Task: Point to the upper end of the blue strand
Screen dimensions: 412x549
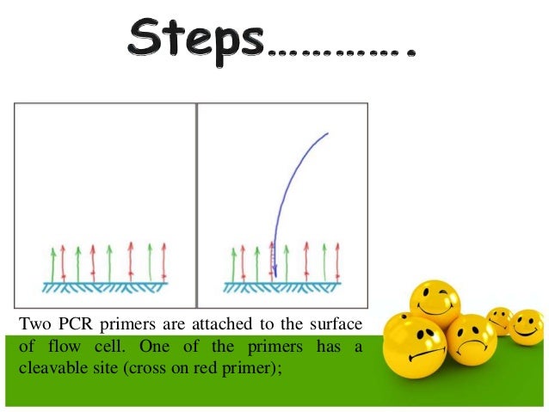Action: click(327, 133)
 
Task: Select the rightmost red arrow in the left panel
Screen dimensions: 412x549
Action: click(163, 262)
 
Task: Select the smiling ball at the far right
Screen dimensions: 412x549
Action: click(527, 328)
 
